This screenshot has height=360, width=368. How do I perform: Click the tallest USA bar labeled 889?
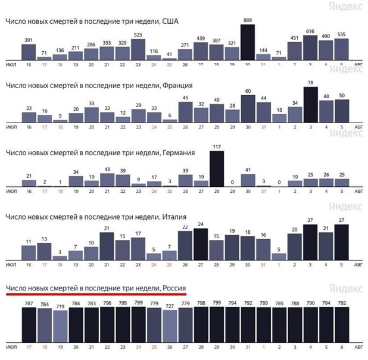tap(247, 42)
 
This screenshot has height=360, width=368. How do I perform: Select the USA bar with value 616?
tap(310, 48)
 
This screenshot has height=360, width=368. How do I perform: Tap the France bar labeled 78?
tap(310, 104)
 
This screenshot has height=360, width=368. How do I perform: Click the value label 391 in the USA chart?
tap(29, 40)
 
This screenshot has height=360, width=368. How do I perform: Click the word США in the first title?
tap(170, 21)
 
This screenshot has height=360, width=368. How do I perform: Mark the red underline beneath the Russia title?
tap(95, 294)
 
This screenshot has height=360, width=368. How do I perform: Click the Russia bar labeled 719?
tap(60, 328)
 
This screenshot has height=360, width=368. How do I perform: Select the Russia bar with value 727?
tap(169, 328)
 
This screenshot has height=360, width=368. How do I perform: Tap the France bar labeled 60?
tap(247, 107)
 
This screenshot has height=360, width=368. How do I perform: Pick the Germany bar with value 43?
tap(107, 178)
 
